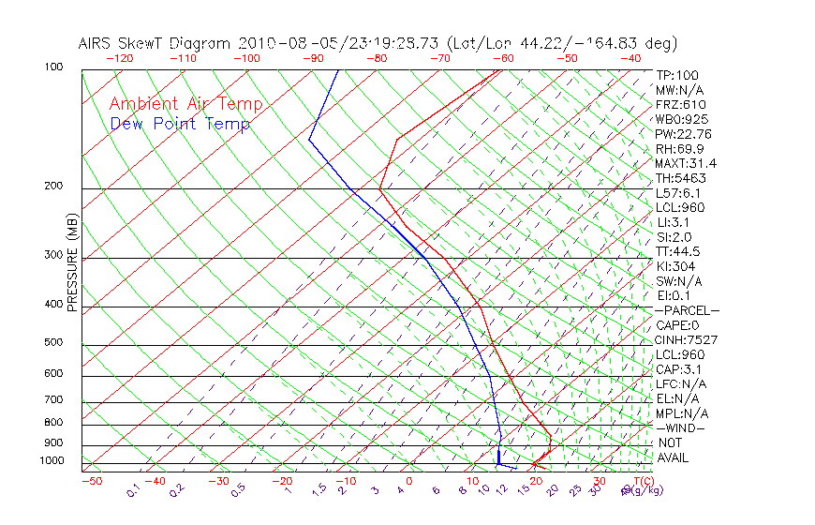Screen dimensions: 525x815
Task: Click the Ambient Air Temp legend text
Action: coord(185,104)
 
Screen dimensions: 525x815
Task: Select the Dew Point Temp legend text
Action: coord(180,124)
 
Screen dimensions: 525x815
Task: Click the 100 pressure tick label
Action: coord(53,67)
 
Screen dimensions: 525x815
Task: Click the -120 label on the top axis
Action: coord(119,58)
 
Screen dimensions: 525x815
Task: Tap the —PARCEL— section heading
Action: coord(687,310)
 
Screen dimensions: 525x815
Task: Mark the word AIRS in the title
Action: coord(96,43)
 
